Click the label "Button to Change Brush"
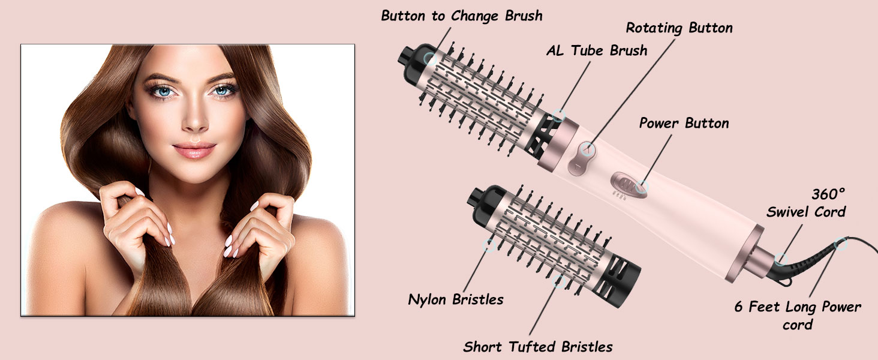coord(462,16)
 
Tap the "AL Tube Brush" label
coord(597,50)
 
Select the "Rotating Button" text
coord(679,28)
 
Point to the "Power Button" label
coord(684,124)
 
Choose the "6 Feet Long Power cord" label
coord(798,316)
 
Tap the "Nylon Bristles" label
coord(456,299)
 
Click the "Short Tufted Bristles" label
coord(538,346)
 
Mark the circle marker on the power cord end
coord(841,244)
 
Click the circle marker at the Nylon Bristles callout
coord(490,245)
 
